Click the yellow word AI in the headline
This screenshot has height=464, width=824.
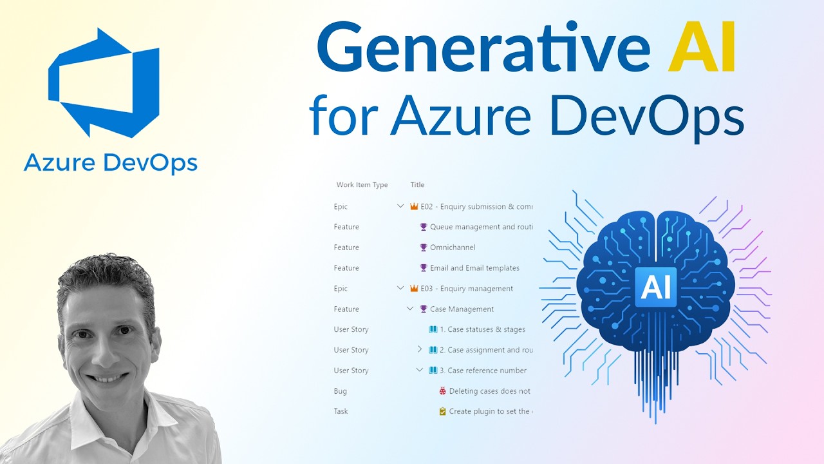(x=702, y=50)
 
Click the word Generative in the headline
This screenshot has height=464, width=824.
(x=483, y=50)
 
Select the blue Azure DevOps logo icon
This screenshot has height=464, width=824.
(x=104, y=82)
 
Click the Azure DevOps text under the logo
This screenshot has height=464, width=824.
(x=110, y=163)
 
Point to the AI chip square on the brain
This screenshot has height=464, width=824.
(x=655, y=287)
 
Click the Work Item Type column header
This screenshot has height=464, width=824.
(x=362, y=185)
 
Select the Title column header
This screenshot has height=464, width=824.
(x=417, y=185)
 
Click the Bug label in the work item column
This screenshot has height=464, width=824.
(x=340, y=391)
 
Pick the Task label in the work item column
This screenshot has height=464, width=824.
(x=341, y=411)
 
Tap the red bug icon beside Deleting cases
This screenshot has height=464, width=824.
(x=442, y=391)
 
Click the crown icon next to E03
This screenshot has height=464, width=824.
(x=414, y=289)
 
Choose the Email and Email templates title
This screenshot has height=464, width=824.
(x=474, y=268)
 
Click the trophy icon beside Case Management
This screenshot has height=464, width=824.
(x=424, y=309)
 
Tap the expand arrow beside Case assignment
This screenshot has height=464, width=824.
(x=420, y=349)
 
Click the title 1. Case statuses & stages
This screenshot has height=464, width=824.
(x=482, y=329)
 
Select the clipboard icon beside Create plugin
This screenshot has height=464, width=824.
(x=442, y=411)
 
